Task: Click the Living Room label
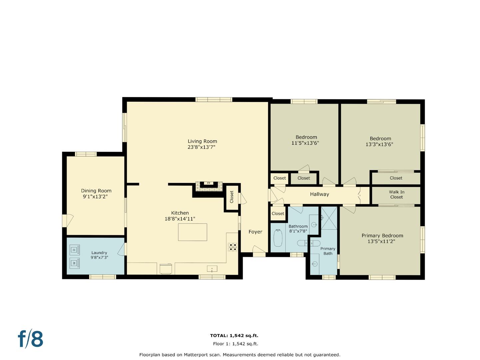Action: pos(202,141)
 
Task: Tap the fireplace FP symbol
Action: pos(208,183)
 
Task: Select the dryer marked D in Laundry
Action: pos(74,249)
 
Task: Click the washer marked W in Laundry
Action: pos(74,263)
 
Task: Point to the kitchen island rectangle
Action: pos(192,232)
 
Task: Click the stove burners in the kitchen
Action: pos(232,247)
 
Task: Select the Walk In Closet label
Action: pos(396,194)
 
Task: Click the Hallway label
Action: pos(319,194)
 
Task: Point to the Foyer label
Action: pos(255,232)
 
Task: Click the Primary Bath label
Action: pos(328,251)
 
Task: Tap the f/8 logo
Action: pos(30,339)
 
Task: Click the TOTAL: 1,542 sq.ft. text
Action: pos(234,335)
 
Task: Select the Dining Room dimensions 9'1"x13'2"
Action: pos(95,197)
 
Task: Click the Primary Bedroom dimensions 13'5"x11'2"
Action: pos(381,241)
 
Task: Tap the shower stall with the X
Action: pos(329,218)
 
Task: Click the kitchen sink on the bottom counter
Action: pos(212,269)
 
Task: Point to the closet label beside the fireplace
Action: pos(232,197)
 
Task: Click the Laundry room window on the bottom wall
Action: pos(102,277)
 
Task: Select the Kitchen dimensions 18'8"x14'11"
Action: pos(180,219)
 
